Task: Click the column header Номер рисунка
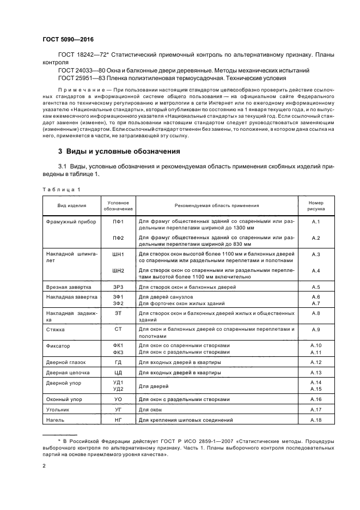(315, 205)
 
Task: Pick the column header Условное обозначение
(118, 205)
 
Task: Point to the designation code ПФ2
(118, 238)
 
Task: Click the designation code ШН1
(118, 254)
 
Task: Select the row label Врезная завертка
(68, 287)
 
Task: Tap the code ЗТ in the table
(118, 313)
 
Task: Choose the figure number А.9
(315, 329)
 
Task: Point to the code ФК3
(118, 352)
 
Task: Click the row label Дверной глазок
(68, 362)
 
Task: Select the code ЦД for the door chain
(118, 372)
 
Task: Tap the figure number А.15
(315, 388)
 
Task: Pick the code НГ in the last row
(118, 420)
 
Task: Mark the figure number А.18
(315, 420)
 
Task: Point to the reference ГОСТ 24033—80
(80, 70)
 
